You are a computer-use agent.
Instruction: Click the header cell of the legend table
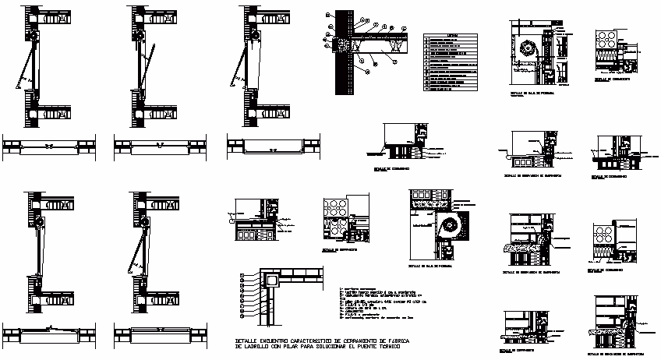point(453,35)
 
